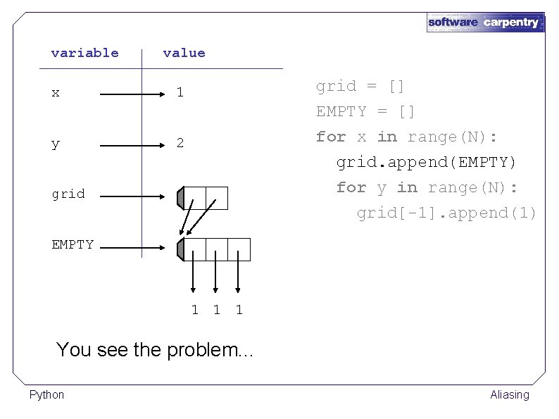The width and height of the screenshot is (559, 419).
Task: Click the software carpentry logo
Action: pyautogui.click(x=486, y=22)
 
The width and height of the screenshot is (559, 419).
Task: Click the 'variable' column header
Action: pyautogui.click(x=84, y=53)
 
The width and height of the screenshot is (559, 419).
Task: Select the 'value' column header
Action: pyautogui.click(x=184, y=53)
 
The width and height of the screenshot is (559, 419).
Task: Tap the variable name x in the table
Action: pyautogui.click(x=56, y=92)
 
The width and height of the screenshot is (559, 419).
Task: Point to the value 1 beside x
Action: pyautogui.click(x=180, y=92)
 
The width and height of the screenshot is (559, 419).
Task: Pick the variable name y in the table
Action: pyautogui.click(x=56, y=144)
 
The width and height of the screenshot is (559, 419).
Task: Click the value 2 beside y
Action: pyautogui.click(x=180, y=143)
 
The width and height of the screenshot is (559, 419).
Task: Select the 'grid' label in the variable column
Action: pyautogui.click(x=68, y=194)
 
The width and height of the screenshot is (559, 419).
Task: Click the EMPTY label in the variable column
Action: pyautogui.click(x=73, y=244)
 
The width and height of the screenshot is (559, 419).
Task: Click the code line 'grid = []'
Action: pyautogui.click(x=360, y=86)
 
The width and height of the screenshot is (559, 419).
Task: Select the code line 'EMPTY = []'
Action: pyautogui.click(x=365, y=111)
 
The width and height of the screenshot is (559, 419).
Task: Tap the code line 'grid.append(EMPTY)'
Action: pyautogui.click(x=426, y=162)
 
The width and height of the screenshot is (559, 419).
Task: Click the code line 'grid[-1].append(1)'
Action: pyautogui.click(x=446, y=213)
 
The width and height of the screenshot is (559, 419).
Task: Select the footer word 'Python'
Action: pyautogui.click(x=46, y=394)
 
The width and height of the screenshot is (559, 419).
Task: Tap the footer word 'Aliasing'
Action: pyautogui.click(x=509, y=394)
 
